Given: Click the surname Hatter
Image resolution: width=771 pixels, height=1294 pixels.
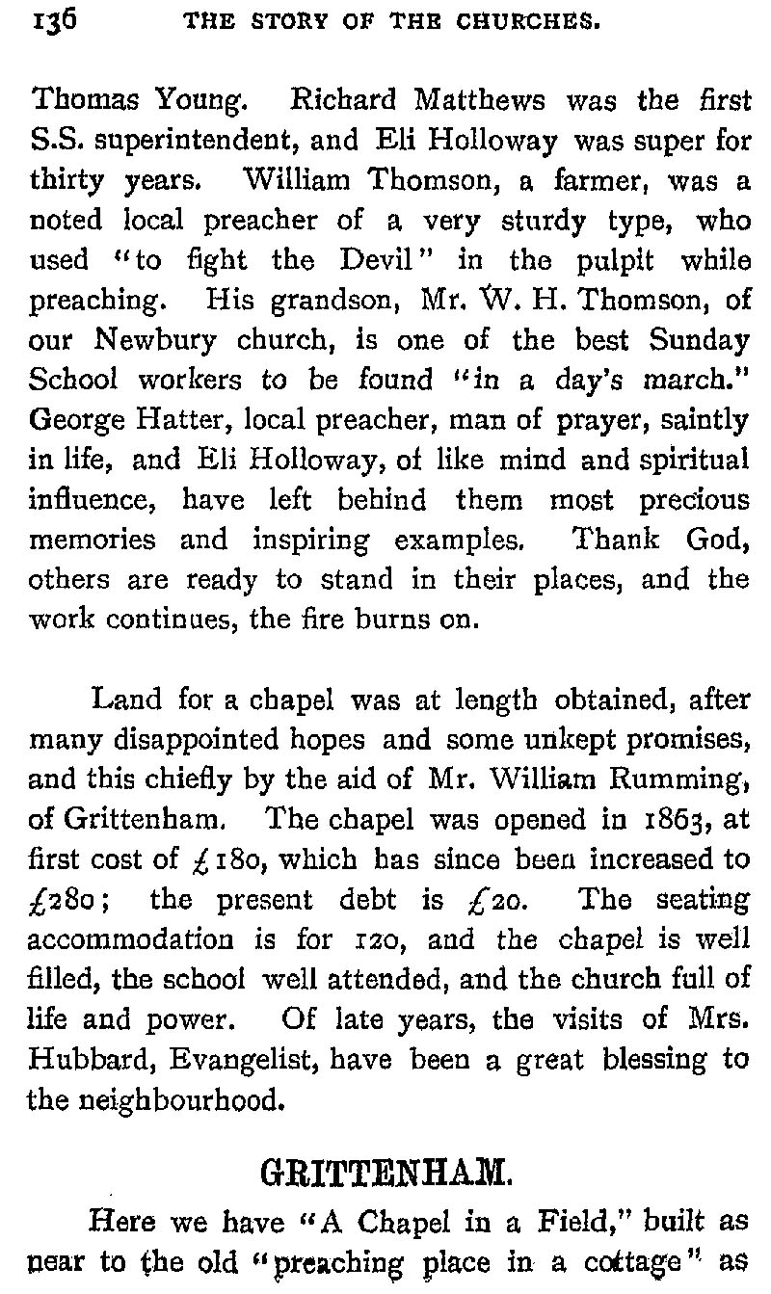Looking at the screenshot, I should [x=144, y=420].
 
